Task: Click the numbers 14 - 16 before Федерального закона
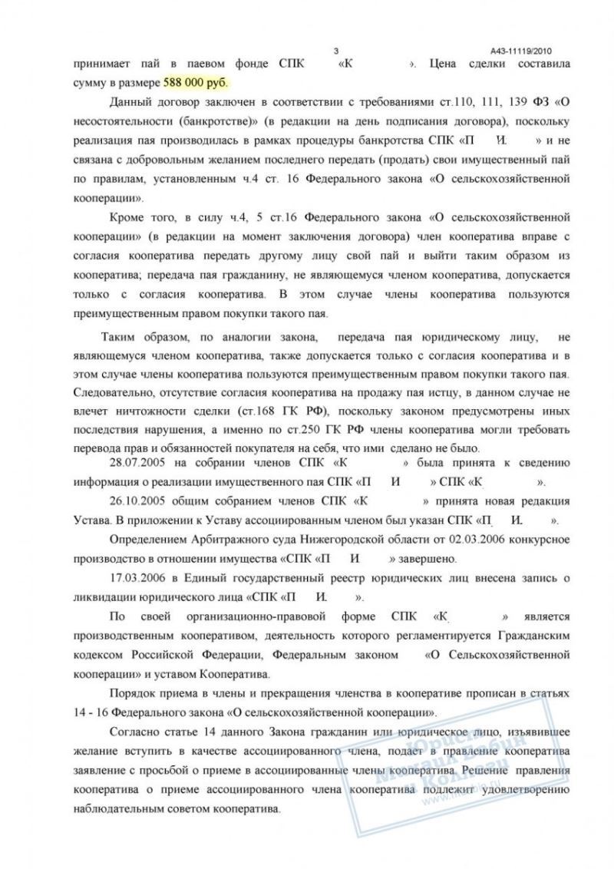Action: (91, 712)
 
